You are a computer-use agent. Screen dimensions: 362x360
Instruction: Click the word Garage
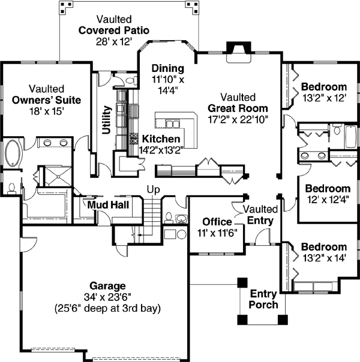107,286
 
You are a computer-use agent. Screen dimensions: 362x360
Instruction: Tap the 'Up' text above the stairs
154,190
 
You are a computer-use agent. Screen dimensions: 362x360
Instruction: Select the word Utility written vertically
107,120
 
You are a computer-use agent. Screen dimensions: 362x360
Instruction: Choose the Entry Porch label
264,299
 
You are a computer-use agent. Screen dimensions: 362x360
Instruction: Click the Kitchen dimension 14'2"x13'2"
161,149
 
